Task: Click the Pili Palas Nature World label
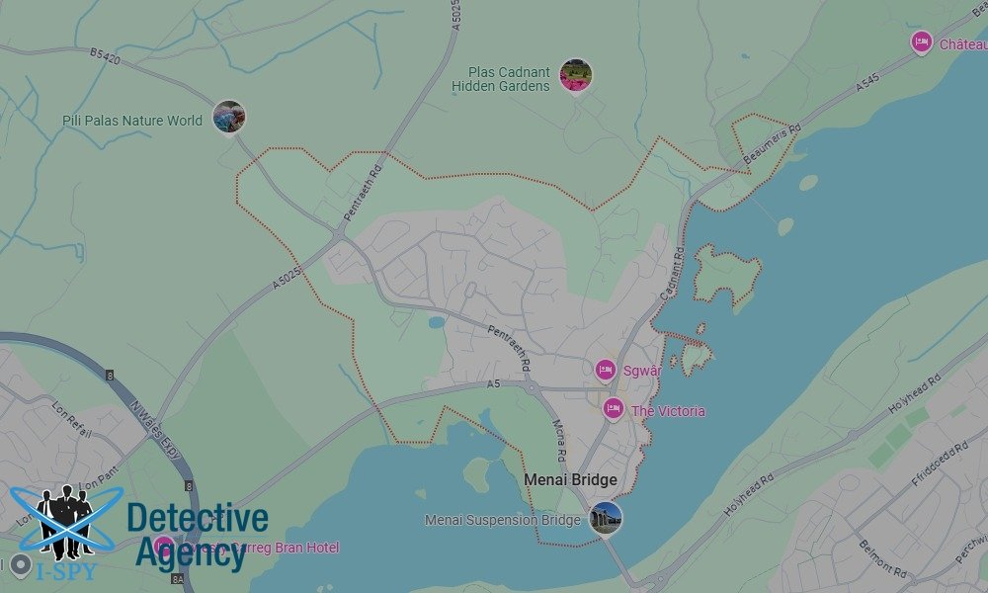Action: point(131,121)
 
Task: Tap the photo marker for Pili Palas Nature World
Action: point(229,117)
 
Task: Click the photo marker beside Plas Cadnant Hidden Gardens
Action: point(575,75)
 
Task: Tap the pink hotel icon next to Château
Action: point(922,42)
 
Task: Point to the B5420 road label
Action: point(104,59)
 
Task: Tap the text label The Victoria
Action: point(668,411)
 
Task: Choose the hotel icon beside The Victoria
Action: point(614,408)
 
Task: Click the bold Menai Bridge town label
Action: point(570,480)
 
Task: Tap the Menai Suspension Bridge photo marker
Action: point(606,517)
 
